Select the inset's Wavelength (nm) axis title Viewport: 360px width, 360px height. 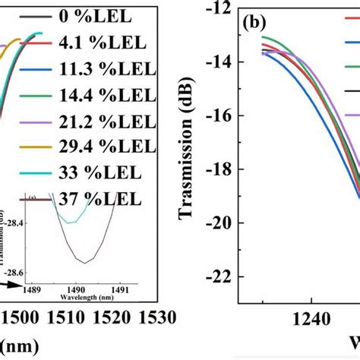(x=64, y=298)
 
